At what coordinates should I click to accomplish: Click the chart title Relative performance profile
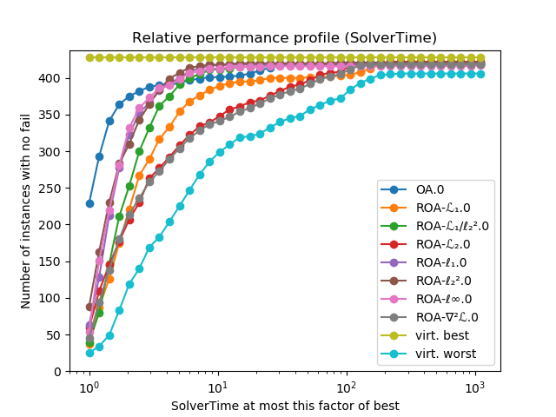click(284, 38)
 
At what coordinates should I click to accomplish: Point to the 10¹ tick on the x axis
click(218, 385)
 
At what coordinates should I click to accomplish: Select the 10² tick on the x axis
click(347, 385)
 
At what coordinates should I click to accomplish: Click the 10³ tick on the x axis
click(475, 385)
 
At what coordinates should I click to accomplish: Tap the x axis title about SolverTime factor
click(284, 406)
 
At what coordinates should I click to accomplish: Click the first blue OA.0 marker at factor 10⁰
click(89, 203)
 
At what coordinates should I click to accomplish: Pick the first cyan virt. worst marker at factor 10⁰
click(89, 353)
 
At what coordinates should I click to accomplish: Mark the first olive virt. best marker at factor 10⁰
click(89, 57)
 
